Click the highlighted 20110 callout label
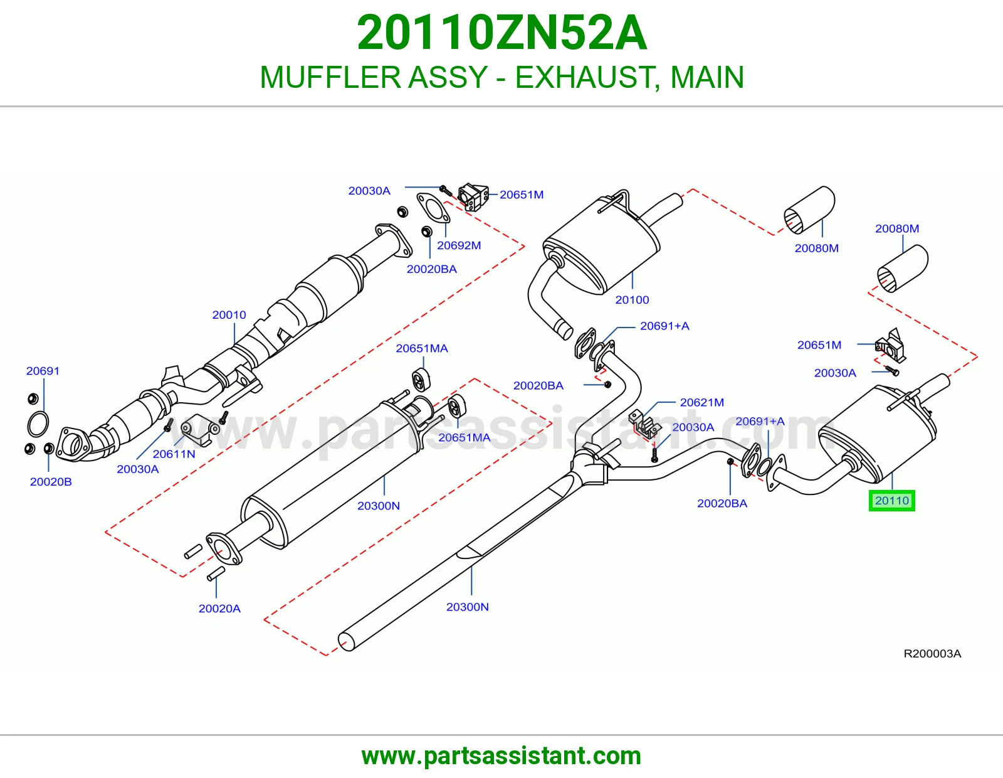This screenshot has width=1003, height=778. tap(891, 500)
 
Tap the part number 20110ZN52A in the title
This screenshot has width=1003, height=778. tap(501, 33)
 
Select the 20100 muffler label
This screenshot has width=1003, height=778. tap(632, 300)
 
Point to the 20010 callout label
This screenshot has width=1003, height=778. tap(229, 314)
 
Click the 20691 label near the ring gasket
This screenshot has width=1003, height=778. tap(43, 371)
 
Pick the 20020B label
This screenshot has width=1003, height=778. tap(51, 481)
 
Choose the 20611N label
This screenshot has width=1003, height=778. tap(174, 454)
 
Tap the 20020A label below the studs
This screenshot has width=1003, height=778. tap(219, 609)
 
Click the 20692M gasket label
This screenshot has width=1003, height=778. tap(459, 245)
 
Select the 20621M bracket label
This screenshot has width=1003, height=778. tap(701, 402)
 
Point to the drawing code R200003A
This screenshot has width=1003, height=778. tap(932, 653)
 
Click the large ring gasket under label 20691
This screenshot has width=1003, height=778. tap(38, 425)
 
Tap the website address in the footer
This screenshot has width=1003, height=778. tap(501, 756)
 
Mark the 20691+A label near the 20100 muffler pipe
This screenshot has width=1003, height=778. tap(664, 326)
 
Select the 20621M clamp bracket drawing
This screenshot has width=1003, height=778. tap(646, 424)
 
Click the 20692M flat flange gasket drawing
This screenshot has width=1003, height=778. tap(433, 208)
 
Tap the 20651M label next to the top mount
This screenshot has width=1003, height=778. tap(522, 194)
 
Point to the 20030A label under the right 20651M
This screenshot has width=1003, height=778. tap(835, 373)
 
